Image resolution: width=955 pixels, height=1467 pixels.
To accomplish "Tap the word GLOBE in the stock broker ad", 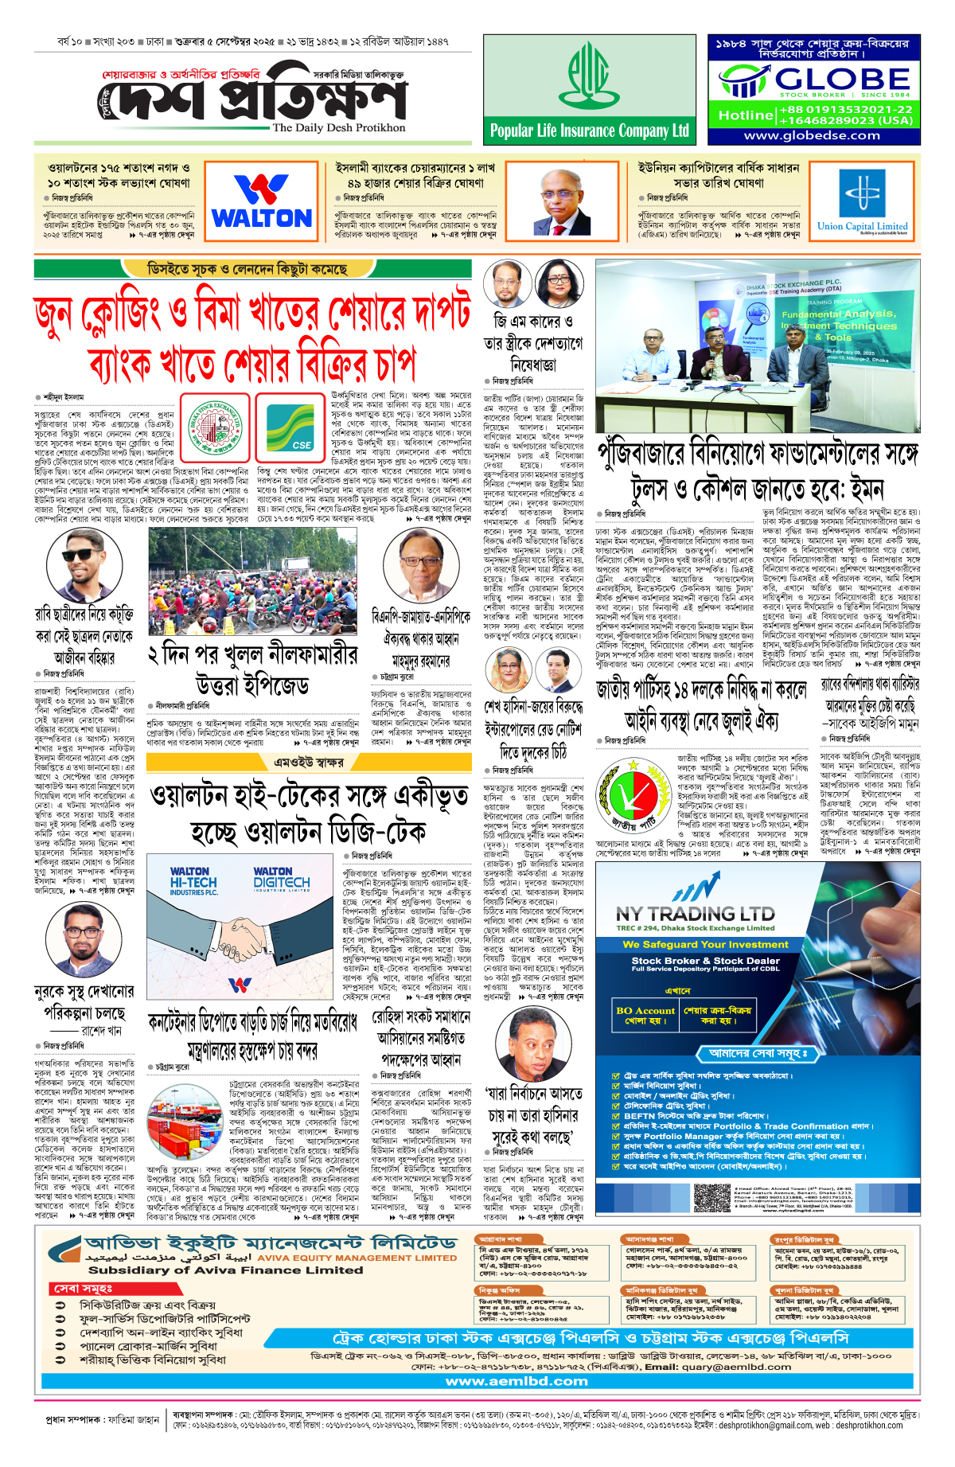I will (842, 79).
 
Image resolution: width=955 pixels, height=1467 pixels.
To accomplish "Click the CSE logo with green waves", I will (290, 427).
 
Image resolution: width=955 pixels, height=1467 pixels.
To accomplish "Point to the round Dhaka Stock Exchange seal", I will (215, 427).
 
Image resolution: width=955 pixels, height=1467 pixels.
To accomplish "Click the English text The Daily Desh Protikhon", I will (338, 127).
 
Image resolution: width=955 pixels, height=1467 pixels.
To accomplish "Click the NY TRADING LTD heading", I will (695, 913).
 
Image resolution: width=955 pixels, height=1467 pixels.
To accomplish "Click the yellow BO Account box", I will (645, 1015).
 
